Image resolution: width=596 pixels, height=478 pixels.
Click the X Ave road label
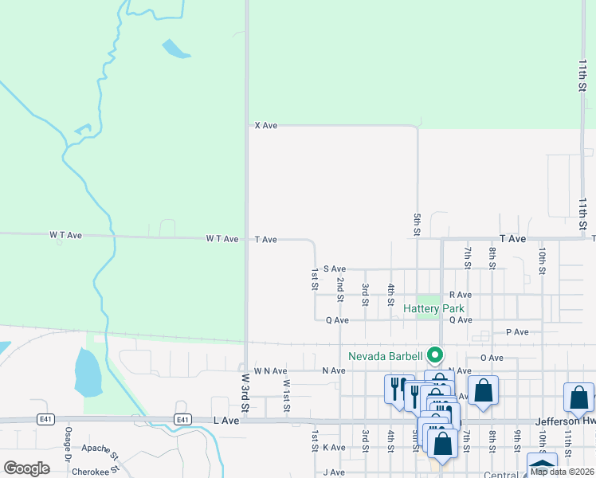pos(265,126)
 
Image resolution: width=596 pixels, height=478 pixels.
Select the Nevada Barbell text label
pos(386,355)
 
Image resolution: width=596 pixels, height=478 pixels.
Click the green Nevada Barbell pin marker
pos(435,355)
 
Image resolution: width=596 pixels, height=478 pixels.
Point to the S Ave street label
pos(334,269)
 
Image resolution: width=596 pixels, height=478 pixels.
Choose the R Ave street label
pos(461,295)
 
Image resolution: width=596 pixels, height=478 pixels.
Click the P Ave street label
pos(517,332)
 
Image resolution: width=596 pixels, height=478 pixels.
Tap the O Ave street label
pos(492,358)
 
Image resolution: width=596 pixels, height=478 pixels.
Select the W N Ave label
pos(270,371)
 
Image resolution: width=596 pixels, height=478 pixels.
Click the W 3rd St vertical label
pos(245,391)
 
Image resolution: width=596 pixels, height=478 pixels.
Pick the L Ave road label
pos(226,420)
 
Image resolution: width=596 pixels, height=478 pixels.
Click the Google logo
pos(26,468)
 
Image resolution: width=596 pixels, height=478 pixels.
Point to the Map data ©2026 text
pos(562,472)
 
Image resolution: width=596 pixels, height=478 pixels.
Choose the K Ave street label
pos(334,448)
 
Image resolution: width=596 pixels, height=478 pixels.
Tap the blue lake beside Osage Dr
pos(87,373)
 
